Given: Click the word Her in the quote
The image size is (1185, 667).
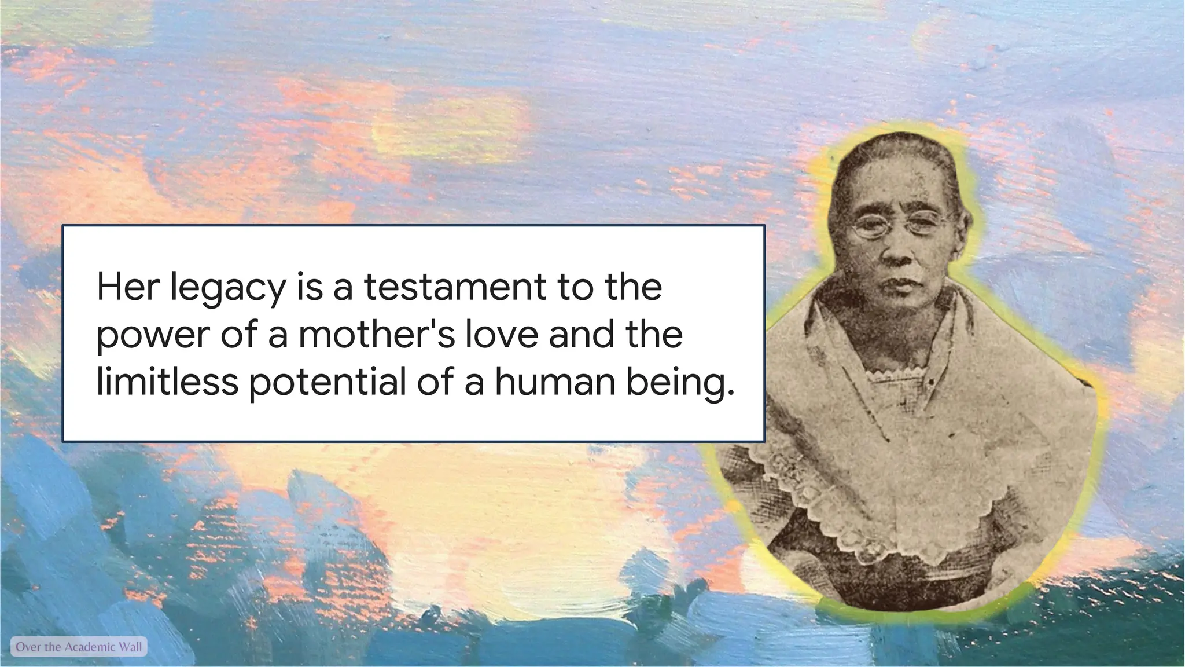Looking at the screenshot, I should [x=127, y=287].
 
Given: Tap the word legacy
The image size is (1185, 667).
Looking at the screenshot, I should [x=228, y=288].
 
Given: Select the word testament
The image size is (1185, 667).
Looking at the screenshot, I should [x=455, y=287].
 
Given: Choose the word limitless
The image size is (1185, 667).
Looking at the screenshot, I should [x=167, y=382].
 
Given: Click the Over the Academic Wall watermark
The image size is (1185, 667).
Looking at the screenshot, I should [x=79, y=647].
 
